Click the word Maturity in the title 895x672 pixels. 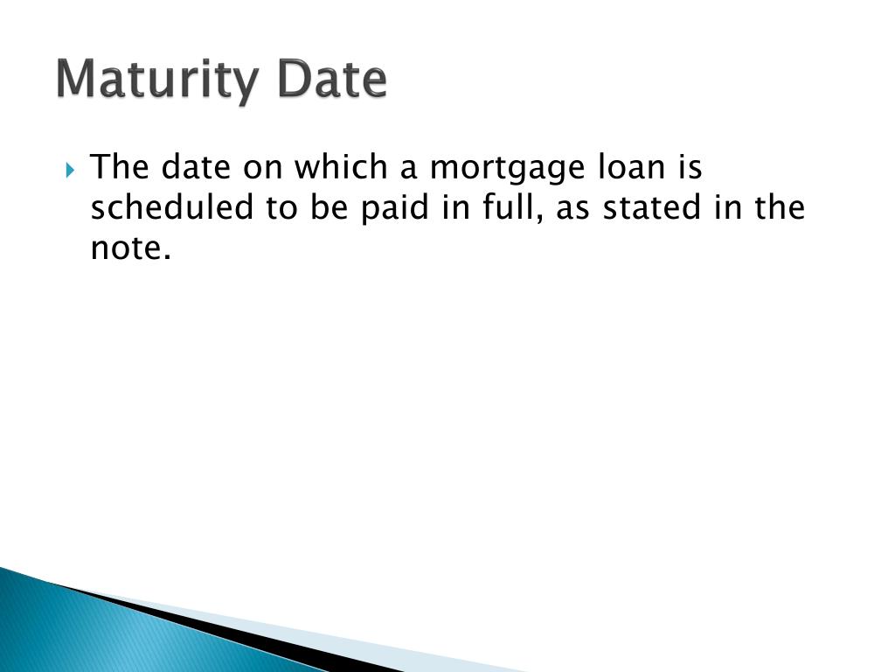click(x=156, y=80)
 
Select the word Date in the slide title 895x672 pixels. click(x=331, y=79)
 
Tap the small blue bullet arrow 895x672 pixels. click(x=72, y=168)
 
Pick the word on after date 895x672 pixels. click(x=260, y=168)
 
